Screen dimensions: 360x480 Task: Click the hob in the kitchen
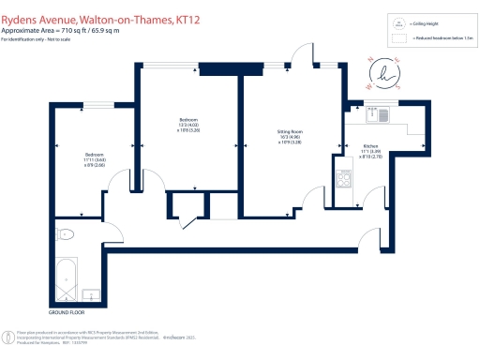(344, 176)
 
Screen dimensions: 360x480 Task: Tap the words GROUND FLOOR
(65, 310)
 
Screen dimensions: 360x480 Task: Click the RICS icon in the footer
(8, 335)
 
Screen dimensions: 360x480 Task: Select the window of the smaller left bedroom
(98, 105)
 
